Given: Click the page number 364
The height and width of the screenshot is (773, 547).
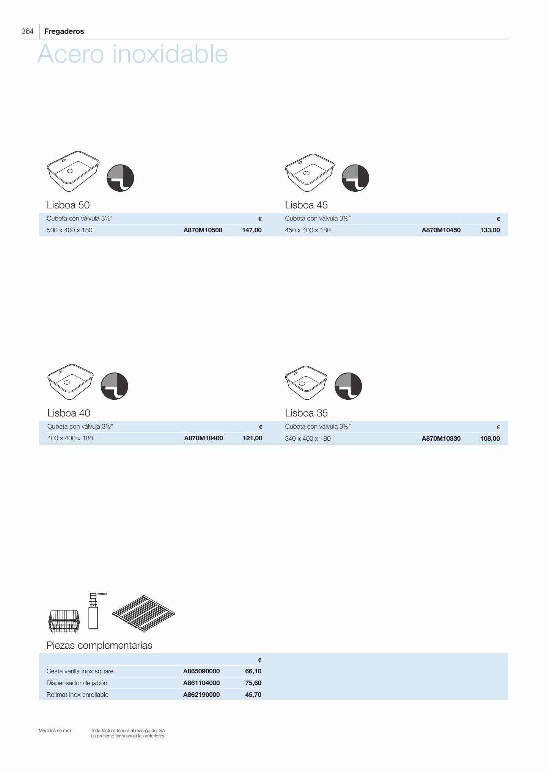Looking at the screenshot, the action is (x=28, y=31).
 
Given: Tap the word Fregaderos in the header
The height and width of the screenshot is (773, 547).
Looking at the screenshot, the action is (x=64, y=31).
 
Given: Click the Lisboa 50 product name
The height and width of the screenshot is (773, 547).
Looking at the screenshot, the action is (x=68, y=205).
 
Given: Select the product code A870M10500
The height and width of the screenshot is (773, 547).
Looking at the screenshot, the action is (x=203, y=230).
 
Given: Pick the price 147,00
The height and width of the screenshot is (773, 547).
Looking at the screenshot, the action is (x=252, y=230).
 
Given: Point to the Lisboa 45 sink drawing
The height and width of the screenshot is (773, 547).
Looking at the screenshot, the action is (x=310, y=173).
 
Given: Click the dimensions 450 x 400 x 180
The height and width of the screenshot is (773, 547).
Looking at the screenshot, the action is (x=308, y=230).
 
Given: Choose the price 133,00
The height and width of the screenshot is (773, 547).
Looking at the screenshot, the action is (x=490, y=230).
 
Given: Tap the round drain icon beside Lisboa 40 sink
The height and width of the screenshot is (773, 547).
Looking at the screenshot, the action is (x=115, y=386).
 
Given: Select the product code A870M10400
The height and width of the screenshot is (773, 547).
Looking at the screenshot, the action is (x=204, y=438).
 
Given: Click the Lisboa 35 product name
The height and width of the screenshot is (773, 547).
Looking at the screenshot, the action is (x=306, y=413).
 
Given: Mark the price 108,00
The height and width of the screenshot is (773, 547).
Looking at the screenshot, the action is (x=490, y=438).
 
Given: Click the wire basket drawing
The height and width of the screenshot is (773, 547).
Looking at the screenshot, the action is (x=64, y=621).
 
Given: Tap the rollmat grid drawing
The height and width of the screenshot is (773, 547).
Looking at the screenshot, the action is (x=144, y=613).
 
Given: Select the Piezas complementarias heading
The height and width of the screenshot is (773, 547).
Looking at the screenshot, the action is (x=99, y=645).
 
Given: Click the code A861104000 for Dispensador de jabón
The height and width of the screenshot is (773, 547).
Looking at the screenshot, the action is (x=201, y=683).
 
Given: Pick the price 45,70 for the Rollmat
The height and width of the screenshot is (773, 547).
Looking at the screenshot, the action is (x=253, y=695).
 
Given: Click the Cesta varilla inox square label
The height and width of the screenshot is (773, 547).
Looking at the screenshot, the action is (x=80, y=671).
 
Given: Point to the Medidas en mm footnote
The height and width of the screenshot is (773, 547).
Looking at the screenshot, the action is (x=55, y=731).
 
